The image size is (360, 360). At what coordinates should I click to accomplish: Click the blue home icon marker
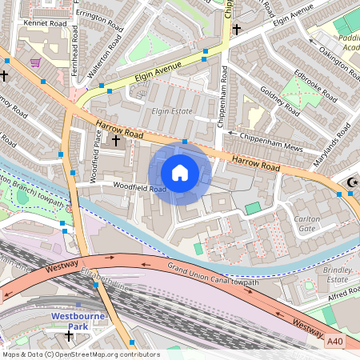coord(180,173)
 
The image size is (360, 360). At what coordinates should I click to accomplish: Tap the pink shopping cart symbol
coord(35,62)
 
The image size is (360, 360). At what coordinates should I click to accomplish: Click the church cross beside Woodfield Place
coord(115,141)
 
